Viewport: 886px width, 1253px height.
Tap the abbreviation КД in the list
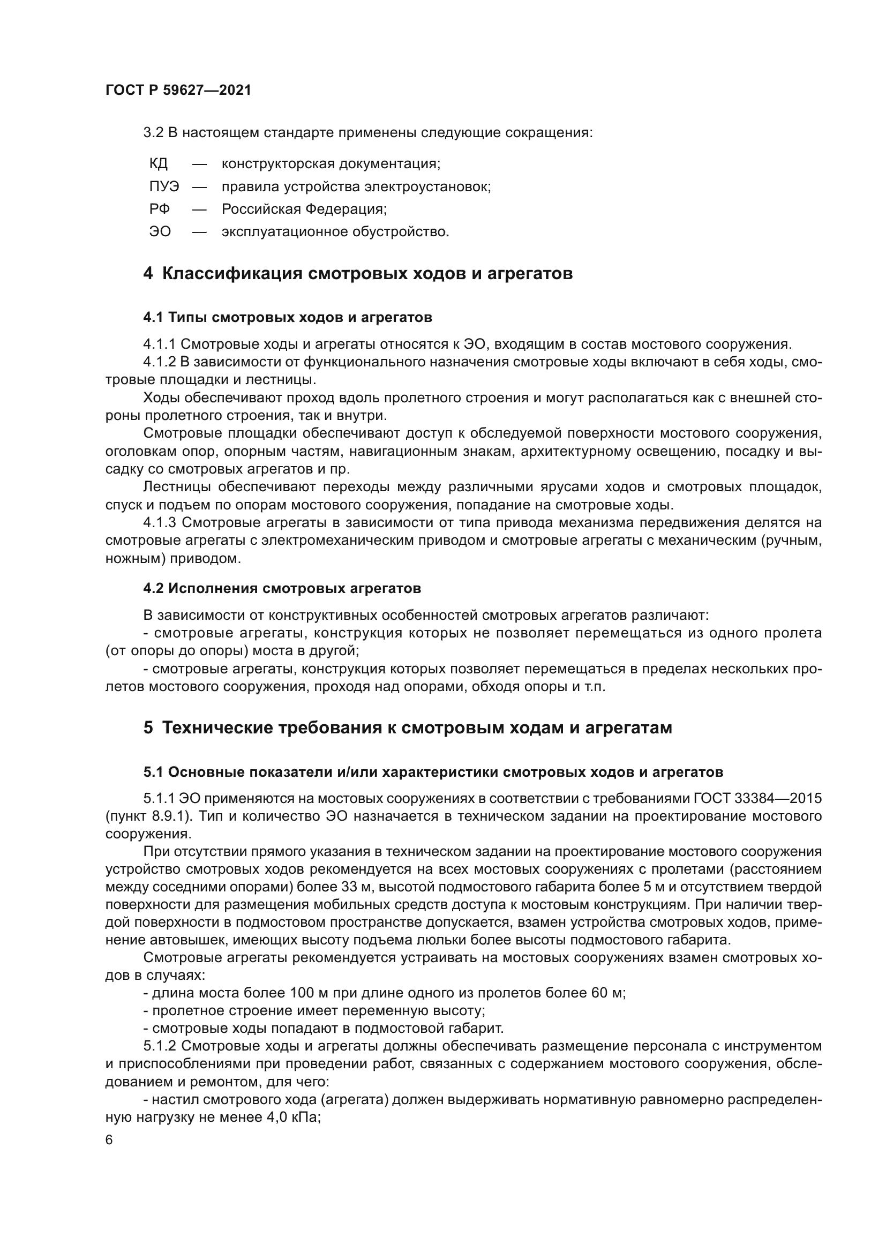[159, 164]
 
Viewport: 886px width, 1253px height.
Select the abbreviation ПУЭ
[164, 186]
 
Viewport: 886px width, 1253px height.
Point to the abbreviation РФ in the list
[159, 209]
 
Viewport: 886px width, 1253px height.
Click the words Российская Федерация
[304, 209]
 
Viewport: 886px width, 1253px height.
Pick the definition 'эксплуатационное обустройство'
[335, 232]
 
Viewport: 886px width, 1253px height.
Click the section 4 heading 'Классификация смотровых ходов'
[358, 273]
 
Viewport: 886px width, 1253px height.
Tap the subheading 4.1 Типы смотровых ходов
[288, 317]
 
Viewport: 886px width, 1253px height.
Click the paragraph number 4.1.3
[159, 523]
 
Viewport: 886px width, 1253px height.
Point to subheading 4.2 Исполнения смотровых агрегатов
[282, 588]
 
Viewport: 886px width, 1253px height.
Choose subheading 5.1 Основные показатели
[433, 771]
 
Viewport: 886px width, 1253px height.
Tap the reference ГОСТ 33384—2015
[757, 798]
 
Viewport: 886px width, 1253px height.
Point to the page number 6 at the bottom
[109, 1139]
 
